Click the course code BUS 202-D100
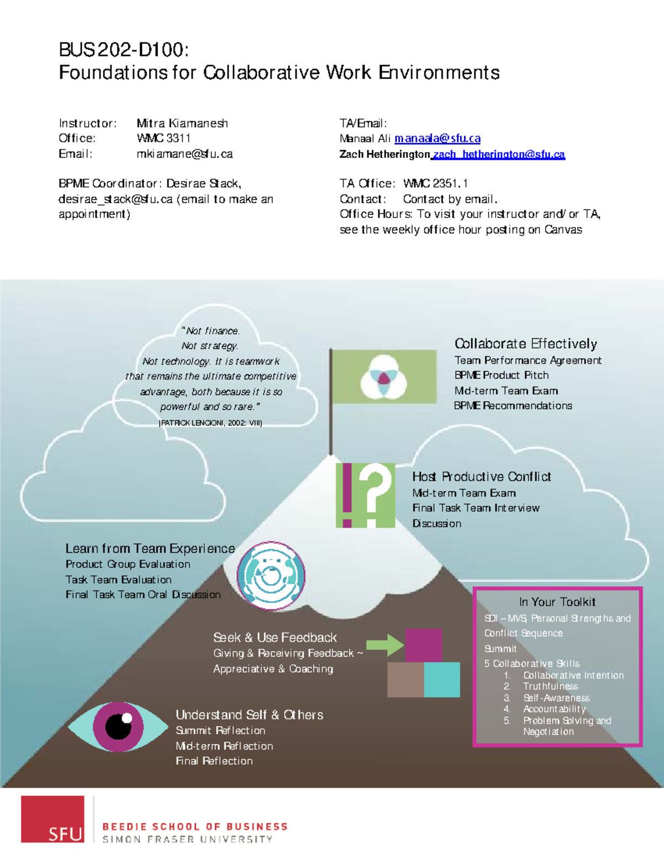tap(123, 50)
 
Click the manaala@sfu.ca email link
tap(437, 138)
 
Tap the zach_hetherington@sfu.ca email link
tap(499, 154)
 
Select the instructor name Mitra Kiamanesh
tap(182, 123)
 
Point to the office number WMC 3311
tap(163, 138)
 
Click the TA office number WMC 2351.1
tap(435, 184)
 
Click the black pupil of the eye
tap(118, 727)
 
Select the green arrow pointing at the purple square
tap(385, 645)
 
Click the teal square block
tap(442, 679)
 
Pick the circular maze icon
tap(271, 576)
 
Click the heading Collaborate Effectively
tap(526, 344)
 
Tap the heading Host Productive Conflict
tap(481, 477)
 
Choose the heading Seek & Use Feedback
tap(275, 638)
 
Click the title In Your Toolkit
tap(557, 602)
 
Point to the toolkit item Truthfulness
tap(550, 686)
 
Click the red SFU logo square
tap(53, 819)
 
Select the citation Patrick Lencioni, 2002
tap(210, 423)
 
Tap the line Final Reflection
tap(214, 761)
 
